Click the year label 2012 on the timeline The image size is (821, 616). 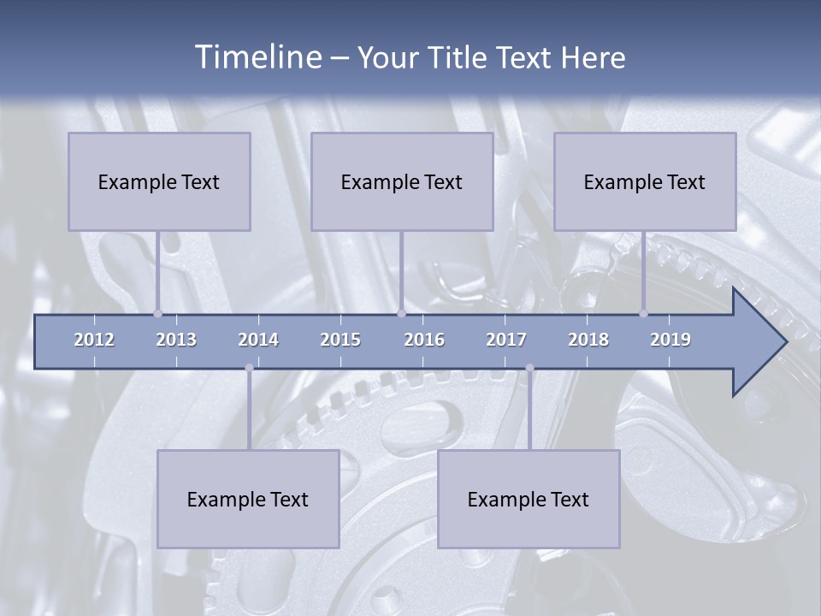pos(94,340)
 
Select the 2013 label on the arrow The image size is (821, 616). pos(176,340)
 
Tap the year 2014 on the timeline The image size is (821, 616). pos(258,340)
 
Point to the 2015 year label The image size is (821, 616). pos(340,340)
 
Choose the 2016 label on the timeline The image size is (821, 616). pos(424,340)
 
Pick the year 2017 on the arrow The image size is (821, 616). pos(506,340)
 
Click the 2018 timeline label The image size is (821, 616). pos(588,340)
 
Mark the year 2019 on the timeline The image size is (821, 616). pos(670,340)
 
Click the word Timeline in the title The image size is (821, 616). pos(257,57)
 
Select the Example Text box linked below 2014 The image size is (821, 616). pos(248,499)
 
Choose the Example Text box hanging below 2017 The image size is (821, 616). pos(529,499)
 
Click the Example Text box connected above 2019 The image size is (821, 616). pos(645,181)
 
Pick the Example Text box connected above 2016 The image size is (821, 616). pos(402,181)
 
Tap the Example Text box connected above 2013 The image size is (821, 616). pos(159,181)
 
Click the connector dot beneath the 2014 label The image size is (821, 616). pos(249,368)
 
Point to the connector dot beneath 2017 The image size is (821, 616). pos(529,368)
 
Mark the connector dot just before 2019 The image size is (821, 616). pos(644,313)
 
